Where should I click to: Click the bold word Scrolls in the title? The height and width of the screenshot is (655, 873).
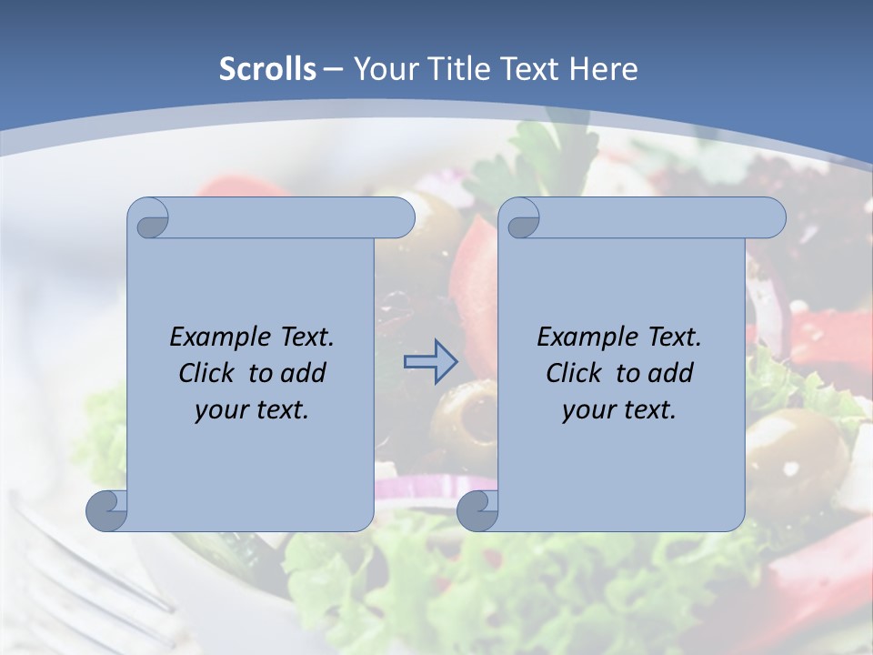pos(267,68)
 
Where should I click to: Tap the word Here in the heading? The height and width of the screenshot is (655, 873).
pos(602,68)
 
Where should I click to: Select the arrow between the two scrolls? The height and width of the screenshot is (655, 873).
pos(430,362)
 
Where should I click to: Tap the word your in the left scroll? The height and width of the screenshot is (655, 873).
pos(219,410)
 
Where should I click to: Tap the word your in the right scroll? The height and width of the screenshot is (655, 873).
pos(587,410)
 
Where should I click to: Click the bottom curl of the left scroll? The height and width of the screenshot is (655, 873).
pos(106,510)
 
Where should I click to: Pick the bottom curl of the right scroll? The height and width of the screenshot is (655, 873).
pos(477,510)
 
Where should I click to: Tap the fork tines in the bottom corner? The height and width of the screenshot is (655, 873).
pos(64,564)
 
